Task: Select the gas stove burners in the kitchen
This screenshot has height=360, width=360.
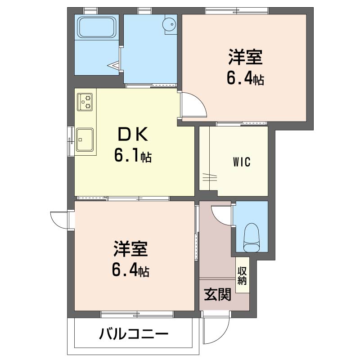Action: tap(85, 101)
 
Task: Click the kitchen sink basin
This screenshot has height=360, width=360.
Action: tap(85, 139)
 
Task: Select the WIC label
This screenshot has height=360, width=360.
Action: tap(241, 162)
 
